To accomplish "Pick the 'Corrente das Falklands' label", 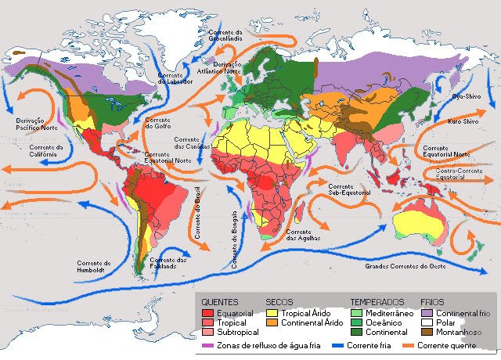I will coord(170,262).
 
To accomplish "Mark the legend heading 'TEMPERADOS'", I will coord(377,301).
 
